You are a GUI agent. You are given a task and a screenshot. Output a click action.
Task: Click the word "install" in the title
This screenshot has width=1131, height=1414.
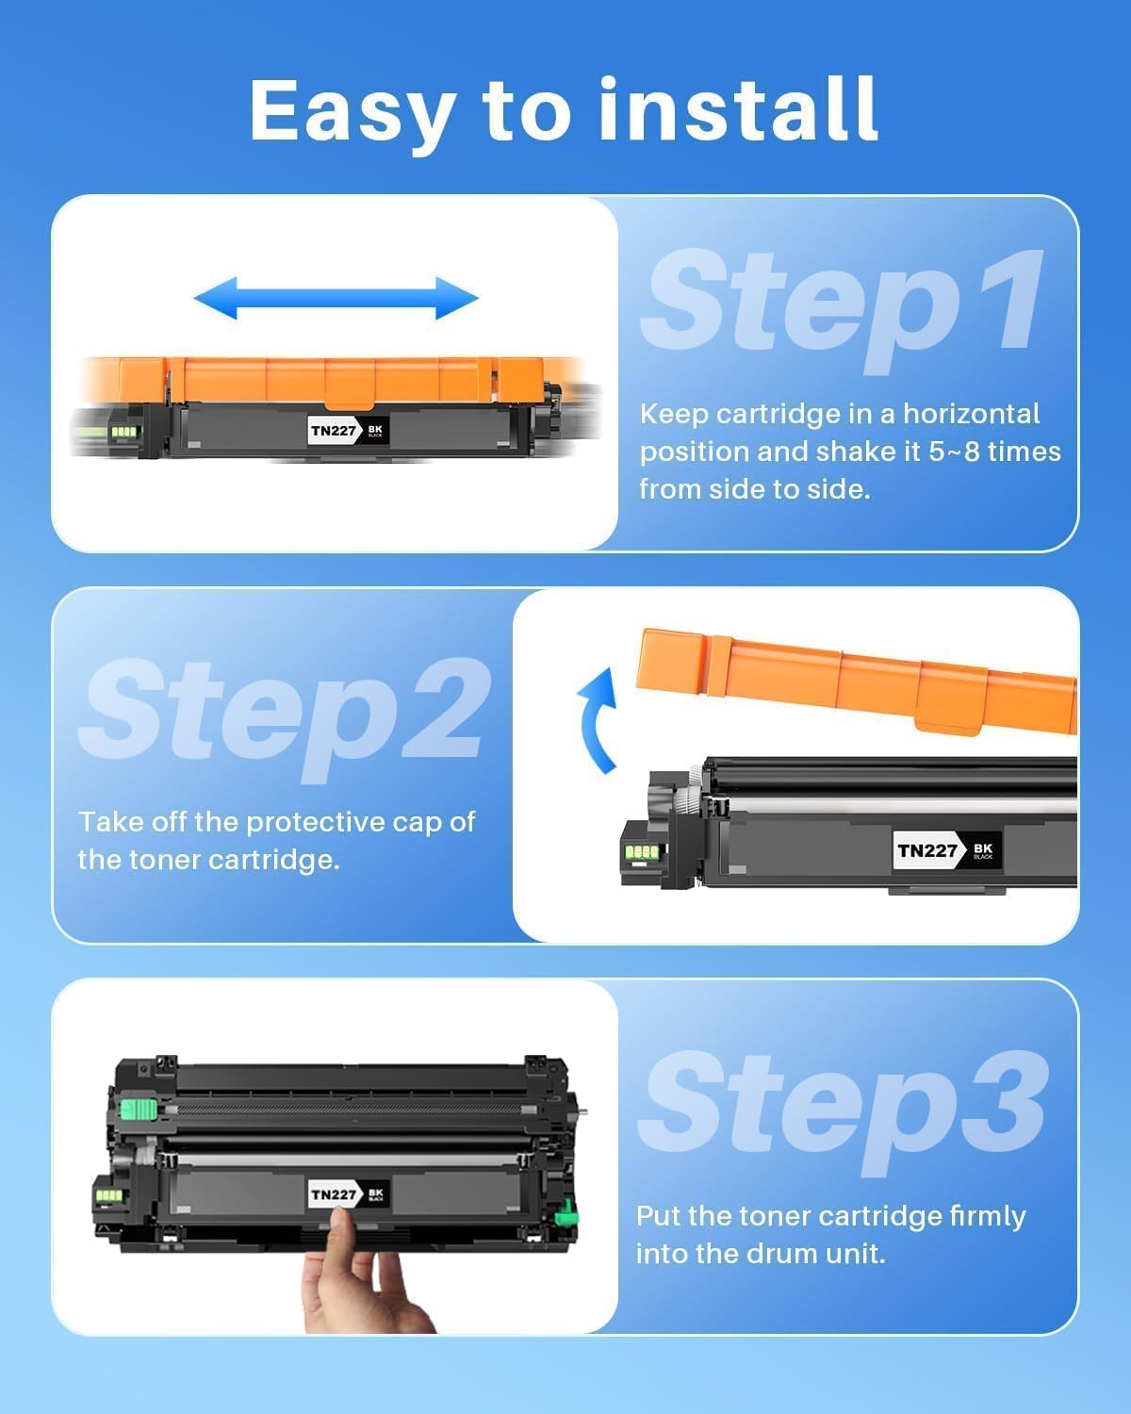click(x=738, y=109)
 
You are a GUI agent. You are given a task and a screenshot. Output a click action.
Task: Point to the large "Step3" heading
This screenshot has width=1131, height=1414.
click(x=842, y=1104)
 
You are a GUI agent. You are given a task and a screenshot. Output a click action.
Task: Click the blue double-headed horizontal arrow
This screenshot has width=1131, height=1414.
click(x=336, y=299)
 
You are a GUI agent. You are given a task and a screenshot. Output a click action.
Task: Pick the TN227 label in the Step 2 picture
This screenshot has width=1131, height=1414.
click(x=927, y=850)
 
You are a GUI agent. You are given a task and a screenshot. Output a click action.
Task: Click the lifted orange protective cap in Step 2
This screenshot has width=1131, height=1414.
click(x=853, y=679)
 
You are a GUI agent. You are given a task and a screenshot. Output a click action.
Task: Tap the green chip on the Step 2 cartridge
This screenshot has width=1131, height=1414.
click(x=642, y=852)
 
